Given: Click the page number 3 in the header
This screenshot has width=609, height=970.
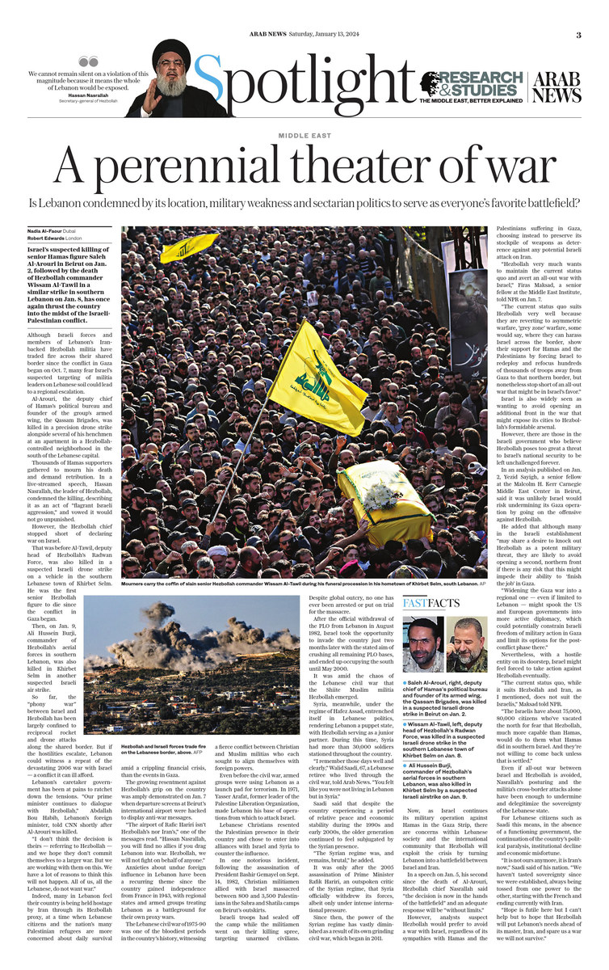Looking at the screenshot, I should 578,35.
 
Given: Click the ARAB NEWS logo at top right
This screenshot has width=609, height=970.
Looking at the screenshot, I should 557,85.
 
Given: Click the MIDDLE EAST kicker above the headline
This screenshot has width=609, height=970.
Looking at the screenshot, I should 304,136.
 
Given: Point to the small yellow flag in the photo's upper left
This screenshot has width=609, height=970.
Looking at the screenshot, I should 188,247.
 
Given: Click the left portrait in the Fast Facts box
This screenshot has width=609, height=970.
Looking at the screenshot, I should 422,644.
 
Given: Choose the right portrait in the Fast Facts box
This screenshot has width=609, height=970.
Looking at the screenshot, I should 467,644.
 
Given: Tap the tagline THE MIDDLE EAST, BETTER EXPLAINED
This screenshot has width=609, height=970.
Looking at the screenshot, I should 471,100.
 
